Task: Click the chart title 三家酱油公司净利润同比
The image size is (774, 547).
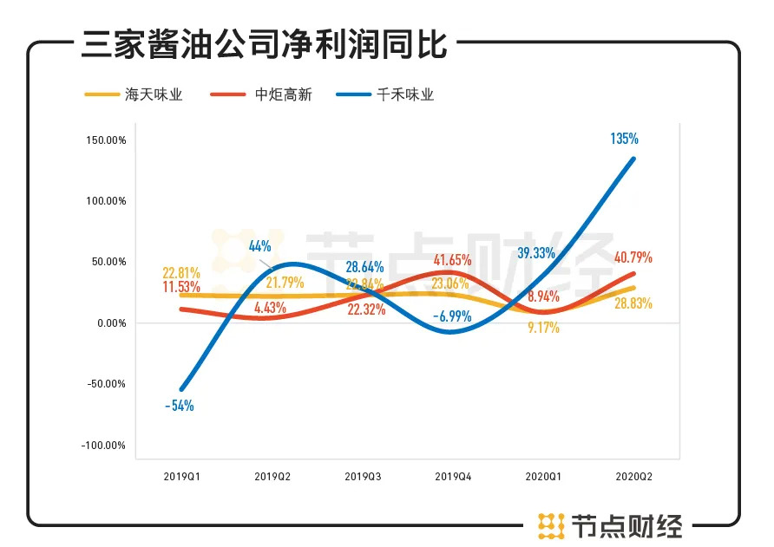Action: click(x=264, y=45)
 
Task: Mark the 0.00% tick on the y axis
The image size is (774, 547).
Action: click(x=110, y=323)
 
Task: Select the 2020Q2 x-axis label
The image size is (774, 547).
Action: click(x=634, y=476)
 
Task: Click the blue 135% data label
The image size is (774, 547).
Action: click(x=625, y=139)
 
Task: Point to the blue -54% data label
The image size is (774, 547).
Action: click(x=179, y=405)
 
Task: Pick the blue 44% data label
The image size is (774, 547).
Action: click(x=260, y=246)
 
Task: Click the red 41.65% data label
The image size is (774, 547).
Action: click(x=451, y=259)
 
